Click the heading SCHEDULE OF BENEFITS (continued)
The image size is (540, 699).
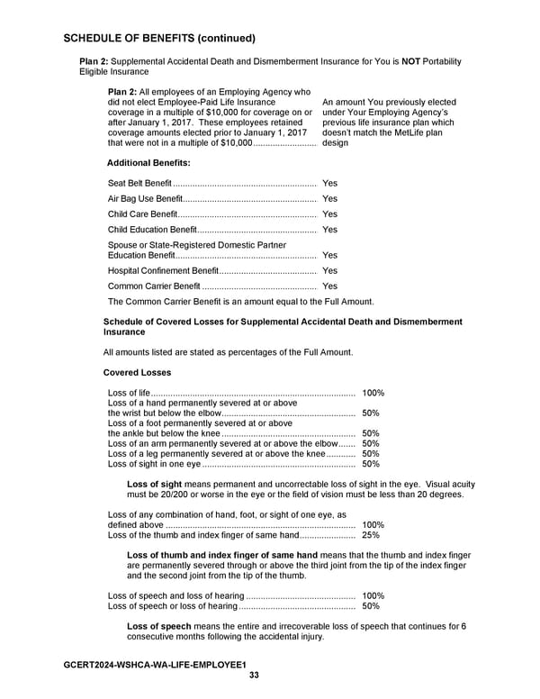click(159, 39)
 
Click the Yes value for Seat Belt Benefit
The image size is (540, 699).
click(329, 184)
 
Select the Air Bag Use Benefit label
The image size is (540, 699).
click(144, 199)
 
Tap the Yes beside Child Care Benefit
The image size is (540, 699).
click(329, 214)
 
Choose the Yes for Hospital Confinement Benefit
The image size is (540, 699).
click(329, 271)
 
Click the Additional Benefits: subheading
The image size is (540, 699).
click(148, 163)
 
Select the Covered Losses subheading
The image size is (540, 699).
click(137, 373)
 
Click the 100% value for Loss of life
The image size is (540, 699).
click(373, 394)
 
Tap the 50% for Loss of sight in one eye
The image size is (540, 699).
click(370, 465)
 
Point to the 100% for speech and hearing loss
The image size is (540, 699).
click(373, 596)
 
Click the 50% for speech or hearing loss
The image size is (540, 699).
click(370, 607)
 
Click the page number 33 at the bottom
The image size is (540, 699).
click(254, 676)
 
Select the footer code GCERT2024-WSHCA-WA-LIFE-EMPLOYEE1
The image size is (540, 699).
click(155, 665)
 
